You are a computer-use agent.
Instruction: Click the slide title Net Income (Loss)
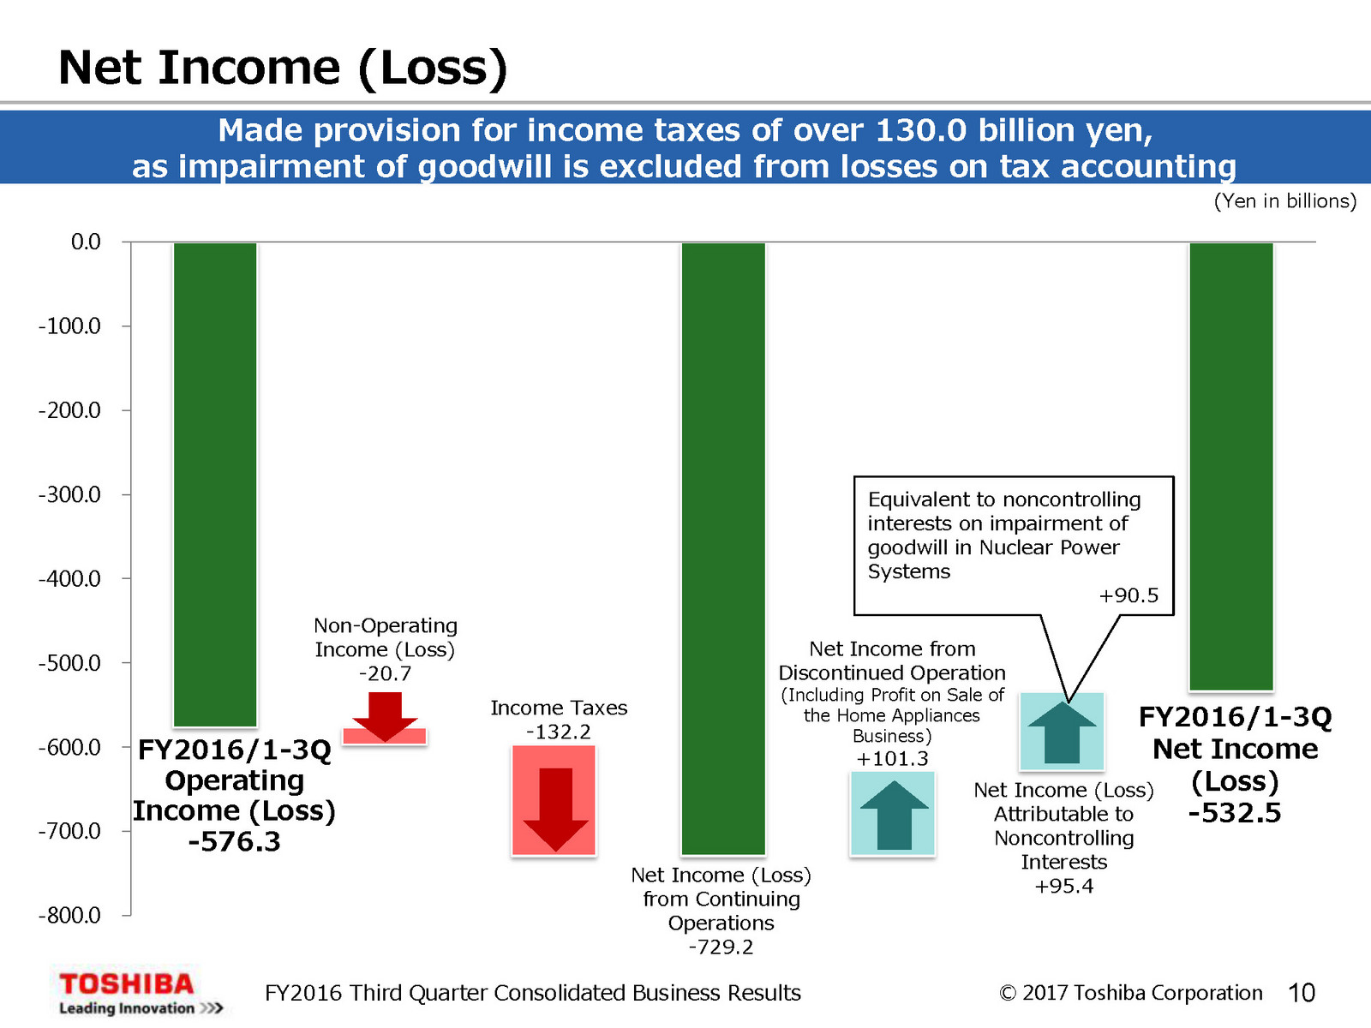(283, 68)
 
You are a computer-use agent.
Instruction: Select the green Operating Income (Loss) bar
(215, 484)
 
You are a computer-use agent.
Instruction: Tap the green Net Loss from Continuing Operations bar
(723, 548)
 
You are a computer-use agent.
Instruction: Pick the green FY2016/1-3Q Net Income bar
(1231, 467)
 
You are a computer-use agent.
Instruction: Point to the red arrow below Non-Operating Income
(385, 717)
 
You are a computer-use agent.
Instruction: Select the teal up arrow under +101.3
(894, 815)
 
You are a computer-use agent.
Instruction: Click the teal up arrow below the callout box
(1062, 732)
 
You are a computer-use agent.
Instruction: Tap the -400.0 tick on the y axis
(69, 579)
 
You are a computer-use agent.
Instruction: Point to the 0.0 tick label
(86, 242)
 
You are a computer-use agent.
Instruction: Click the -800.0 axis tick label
(69, 916)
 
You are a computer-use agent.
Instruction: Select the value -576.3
(234, 842)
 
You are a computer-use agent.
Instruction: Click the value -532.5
(1234, 813)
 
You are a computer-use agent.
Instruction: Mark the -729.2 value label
(721, 947)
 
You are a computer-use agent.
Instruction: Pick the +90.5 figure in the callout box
(1129, 595)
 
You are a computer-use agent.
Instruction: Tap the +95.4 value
(1063, 886)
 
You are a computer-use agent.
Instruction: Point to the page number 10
(1301, 993)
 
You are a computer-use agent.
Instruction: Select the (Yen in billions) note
(1284, 201)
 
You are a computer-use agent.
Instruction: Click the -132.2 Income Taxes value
(558, 732)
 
